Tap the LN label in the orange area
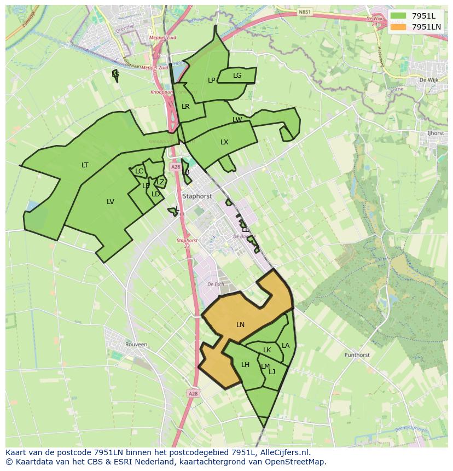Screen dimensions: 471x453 click(x=240, y=325)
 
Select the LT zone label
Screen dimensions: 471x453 click(x=85, y=165)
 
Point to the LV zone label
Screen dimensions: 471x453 click(x=111, y=202)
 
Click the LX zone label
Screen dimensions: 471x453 click(x=224, y=142)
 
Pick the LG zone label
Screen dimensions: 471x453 click(x=237, y=75)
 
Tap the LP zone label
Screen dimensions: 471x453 click(x=212, y=80)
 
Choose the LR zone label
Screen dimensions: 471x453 click(x=185, y=107)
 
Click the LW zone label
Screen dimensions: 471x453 click(x=237, y=120)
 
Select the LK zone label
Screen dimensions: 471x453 click(x=267, y=350)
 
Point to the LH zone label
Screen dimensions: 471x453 click(x=245, y=365)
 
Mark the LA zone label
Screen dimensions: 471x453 click(x=286, y=346)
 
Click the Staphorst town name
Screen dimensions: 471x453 click(x=198, y=196)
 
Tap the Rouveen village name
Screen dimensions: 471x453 click(x=136, y=345)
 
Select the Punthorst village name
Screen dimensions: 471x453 click(x=357, y=355)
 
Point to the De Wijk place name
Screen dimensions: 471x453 click(x=429, y=80)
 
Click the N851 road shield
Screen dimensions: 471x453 click(x=305, y=11)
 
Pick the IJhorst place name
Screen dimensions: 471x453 click(x=435, y=133)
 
